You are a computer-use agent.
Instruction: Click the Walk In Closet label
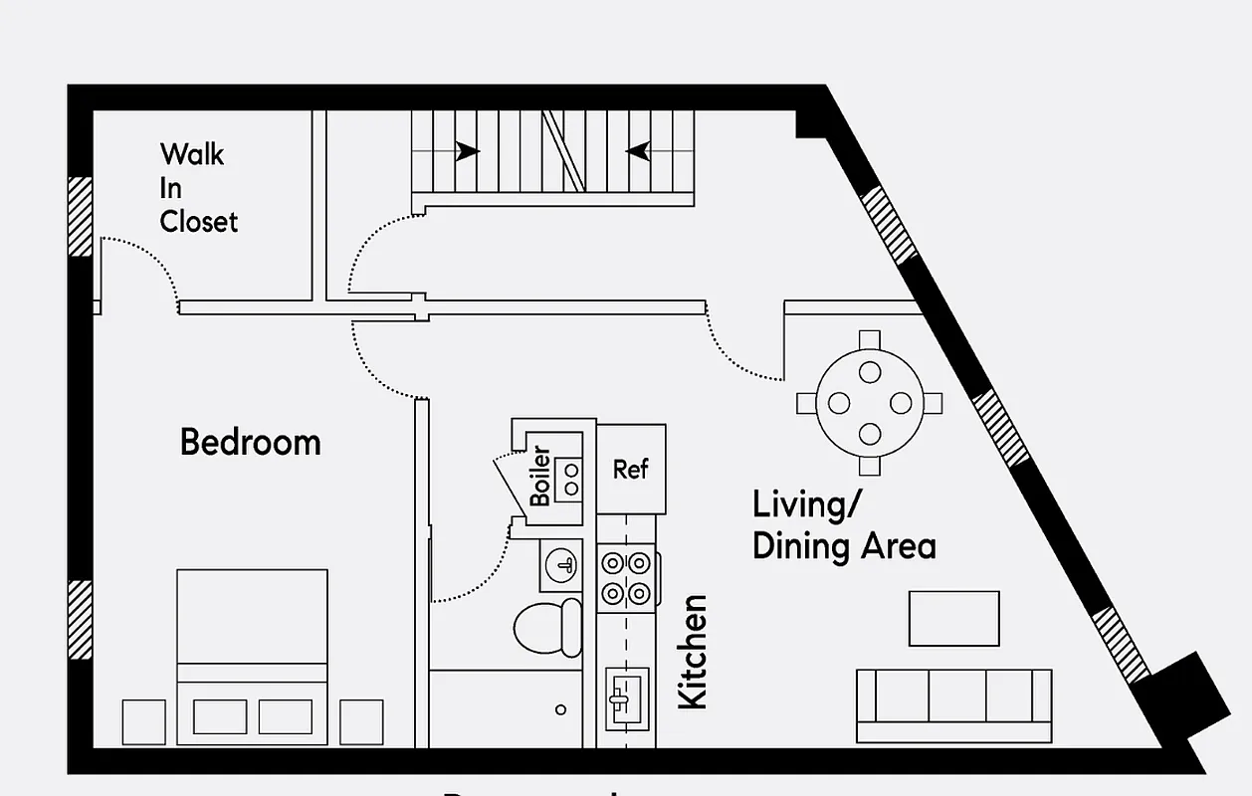point(198,187)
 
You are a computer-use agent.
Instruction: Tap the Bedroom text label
point(250,442)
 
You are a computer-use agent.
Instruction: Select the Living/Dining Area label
point(843,525)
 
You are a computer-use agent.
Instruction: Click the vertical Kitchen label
point(692,652)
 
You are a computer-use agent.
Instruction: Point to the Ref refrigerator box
point(631,469)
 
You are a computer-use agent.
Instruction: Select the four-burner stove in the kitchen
point(627,579)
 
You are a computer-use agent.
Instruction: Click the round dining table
point(870,403)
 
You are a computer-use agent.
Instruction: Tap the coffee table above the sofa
point(953,618)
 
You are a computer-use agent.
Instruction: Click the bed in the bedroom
point(252,657)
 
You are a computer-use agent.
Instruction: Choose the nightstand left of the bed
point(143,721)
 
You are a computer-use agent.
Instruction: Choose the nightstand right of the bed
point(361,721)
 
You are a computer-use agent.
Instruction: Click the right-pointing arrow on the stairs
point(466,152)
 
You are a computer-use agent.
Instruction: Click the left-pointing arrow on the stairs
point(638,152)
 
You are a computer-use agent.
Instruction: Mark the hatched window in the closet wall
point(80,216)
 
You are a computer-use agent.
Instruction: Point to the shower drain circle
point(561,709)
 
